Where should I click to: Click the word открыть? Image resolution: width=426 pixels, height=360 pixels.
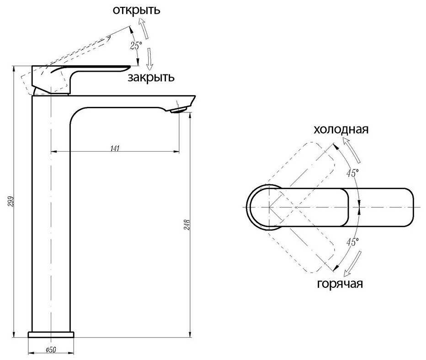click(136, 11)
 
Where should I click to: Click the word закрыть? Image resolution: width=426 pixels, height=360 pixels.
click(151, 77)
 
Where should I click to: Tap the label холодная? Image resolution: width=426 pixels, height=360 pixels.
click(341, 129)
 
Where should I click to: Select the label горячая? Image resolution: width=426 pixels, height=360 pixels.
click(340, 284)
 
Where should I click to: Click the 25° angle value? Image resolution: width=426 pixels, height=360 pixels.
click(136, 46)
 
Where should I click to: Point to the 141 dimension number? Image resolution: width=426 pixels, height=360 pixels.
click(115, 148)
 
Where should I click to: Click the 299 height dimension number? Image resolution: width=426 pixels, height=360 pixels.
click(11, 201)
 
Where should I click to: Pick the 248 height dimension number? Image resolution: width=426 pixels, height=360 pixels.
click(187, 224)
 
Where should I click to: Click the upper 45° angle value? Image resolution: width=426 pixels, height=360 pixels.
click(352, 173)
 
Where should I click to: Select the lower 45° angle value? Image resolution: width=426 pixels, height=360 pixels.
click(352, 242)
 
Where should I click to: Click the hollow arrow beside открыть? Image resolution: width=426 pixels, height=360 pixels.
click(144, 28)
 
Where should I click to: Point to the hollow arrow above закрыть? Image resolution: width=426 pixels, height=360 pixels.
click(149, 60)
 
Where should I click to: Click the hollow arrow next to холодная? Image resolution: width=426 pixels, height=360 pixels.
click(351, 150)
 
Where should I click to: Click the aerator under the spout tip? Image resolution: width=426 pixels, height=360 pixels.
click(178, 110)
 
